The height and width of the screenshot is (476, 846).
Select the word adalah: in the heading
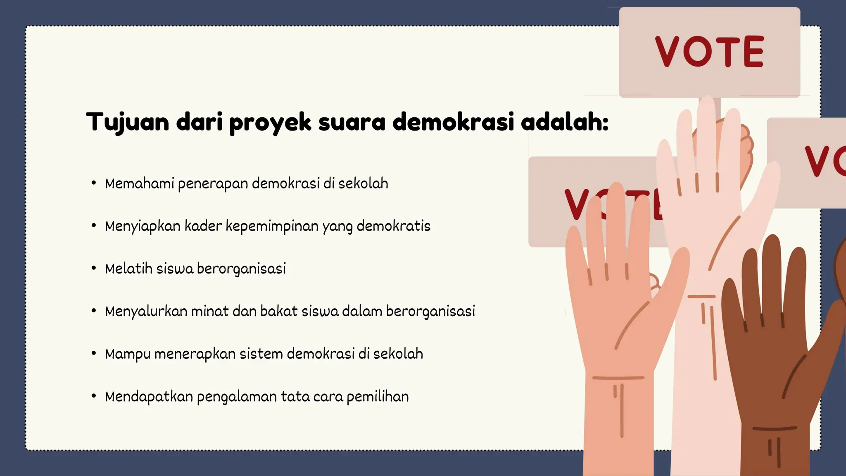[x=564, y=122]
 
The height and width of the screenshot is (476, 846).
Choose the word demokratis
[x=393, y=226]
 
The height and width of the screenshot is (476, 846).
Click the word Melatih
[x=128, y=269]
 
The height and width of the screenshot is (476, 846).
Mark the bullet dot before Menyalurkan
[x=94, y=311]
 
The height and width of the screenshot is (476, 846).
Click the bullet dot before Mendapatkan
[x=94, y=396]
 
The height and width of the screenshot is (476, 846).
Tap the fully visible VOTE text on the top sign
[x=709, y=52]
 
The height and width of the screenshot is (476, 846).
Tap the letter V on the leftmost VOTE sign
[x=577, y=205]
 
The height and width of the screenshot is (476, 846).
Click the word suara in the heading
[x=352, y=122]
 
